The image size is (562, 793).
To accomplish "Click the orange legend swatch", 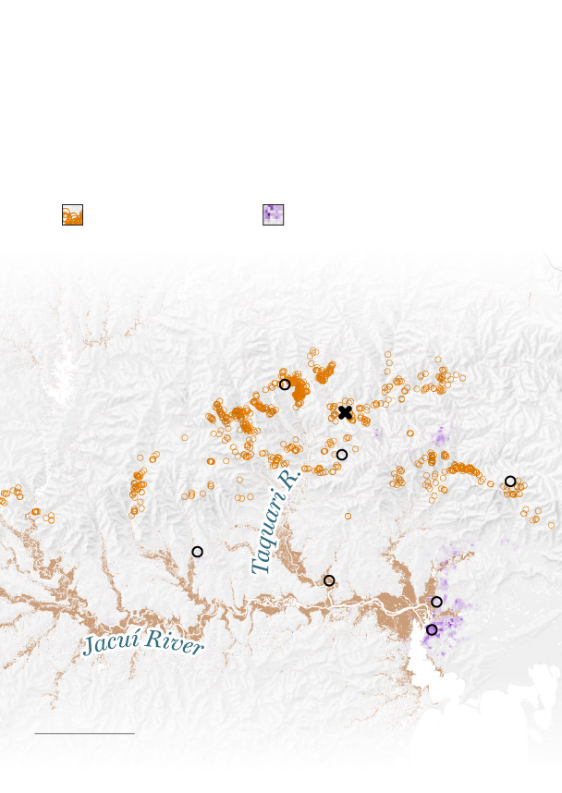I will [x=72, y=214].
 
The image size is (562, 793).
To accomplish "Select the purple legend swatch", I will [x=273, y=214].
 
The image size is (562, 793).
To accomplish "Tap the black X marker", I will [x=346, y=412].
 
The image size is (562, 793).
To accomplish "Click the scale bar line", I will [x=84, y=734].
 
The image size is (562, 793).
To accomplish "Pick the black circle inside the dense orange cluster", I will [x=285, y=384].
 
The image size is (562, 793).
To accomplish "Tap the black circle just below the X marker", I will [x=342, y=455].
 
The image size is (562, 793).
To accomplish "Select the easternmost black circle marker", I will [x=510, y=482].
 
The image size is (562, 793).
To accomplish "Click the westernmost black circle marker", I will [x=197, y=552].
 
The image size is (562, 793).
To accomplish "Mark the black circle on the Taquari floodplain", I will [x=329, y=580].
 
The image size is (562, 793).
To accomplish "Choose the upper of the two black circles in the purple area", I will [x=436, y=602].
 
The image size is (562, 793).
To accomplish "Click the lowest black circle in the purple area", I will [x=432, y=629].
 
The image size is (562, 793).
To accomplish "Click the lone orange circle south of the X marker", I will [x=348, y=516].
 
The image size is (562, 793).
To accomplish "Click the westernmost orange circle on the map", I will [x=3, y=494].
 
